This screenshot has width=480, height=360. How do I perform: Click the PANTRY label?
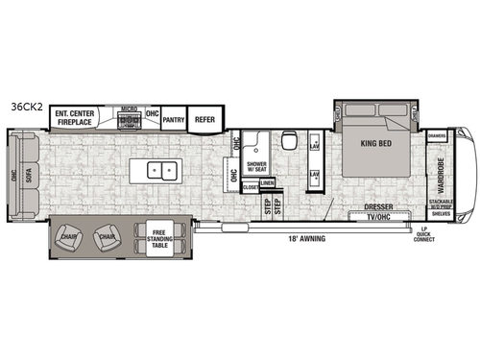click(174, 120)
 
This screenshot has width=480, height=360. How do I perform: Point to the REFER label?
click(204, 120)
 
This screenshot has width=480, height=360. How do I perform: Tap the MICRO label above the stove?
click(125, 108)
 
